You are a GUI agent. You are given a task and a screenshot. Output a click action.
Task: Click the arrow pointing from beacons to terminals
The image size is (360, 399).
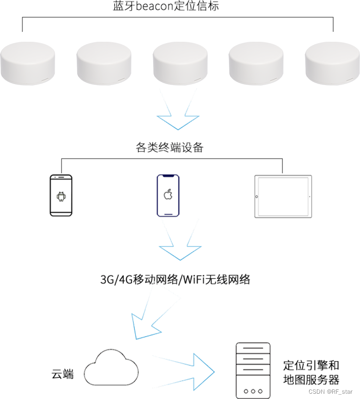pos(179,115)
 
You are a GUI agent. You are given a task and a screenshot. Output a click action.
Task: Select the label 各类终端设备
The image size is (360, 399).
pos(170,147)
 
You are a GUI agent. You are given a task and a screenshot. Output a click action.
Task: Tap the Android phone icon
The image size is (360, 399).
pos(61,195)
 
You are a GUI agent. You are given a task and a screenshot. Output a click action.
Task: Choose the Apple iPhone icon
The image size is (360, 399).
pos(168,195)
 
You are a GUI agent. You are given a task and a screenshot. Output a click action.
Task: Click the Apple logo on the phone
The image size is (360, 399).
pos(168,194)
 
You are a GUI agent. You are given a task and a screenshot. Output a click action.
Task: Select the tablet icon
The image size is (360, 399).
pos(283,196)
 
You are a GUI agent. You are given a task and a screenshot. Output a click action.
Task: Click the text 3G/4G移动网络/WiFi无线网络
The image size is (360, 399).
pos(175,279)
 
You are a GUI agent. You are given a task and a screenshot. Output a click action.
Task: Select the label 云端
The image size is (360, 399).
pos(62,374)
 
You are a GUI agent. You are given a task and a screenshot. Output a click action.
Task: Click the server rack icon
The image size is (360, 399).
pos(252,370)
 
